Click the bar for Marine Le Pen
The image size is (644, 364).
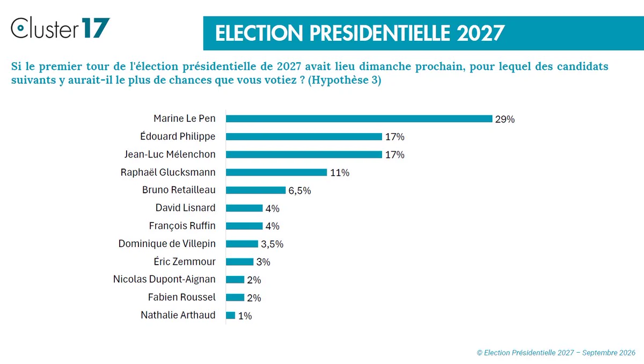click(359, 119)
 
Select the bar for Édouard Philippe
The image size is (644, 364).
click(304, 136)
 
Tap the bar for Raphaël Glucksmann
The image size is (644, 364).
click(276, 172)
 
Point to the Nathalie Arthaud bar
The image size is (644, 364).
click(231, 315)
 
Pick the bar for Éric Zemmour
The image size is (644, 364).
click(240, 261)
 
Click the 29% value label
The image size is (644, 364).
click(505, 119)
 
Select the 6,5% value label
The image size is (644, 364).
click(299, 191)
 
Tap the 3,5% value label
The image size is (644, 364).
click(272, 244)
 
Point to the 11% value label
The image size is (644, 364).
click(340, 173)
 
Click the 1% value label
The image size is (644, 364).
click(245, 316)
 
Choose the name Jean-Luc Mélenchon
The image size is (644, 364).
click(170, 155)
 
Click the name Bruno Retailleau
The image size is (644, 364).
click(179, 190)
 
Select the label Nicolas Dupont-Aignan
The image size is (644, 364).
click(164, 279)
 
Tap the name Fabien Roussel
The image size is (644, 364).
click(181, 297)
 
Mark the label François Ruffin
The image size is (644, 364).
click(182, 226)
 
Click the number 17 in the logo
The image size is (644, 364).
click(96, 27)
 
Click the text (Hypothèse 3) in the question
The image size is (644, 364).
click(345, 80)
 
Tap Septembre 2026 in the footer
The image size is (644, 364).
click(609, 353)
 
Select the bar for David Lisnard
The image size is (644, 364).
click(244, 208)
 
